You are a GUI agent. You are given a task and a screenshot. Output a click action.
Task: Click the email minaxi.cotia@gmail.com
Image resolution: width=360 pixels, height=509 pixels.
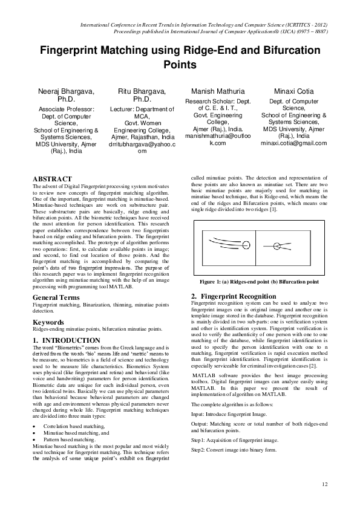tap(293, 143)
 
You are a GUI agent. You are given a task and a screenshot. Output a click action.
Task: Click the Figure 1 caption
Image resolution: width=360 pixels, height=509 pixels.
tap(260, 282)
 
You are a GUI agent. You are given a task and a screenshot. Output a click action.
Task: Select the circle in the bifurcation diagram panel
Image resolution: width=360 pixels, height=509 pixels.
tap(277, 245)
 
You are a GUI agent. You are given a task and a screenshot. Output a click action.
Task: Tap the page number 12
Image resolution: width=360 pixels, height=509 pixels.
tap(324, 484)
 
